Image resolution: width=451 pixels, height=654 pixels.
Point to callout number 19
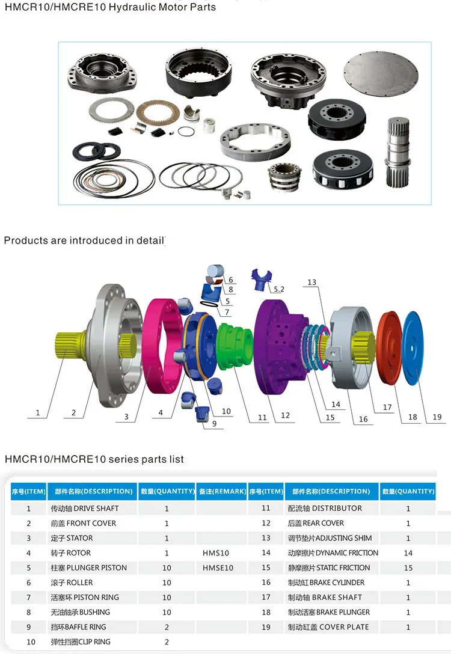click(x=437, y=417)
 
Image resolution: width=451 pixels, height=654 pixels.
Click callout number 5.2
click(x=278, y=289)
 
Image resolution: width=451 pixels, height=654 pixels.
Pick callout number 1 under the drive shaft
click(x=38, y=413)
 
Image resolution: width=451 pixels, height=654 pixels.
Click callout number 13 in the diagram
click(x=311, y=283)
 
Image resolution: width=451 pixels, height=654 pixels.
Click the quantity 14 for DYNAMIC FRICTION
click(x=408, y=553)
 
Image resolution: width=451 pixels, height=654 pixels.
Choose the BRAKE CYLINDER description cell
click(x=326, y=582)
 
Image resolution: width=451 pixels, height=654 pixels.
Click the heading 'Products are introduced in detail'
click(x=84, y=240)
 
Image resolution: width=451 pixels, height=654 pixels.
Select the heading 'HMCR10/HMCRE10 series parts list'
click(x=94, y=459)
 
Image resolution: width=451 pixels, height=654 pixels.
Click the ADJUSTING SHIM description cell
click(x=330, y=538)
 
